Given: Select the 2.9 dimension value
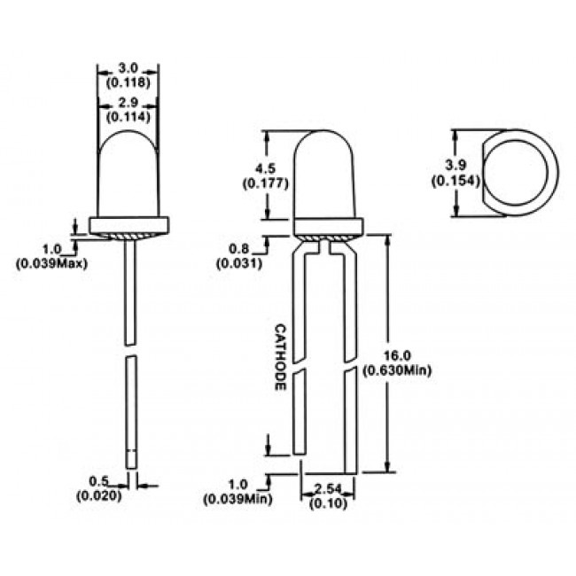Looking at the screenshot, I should pyautogui.click(x=127, y=103).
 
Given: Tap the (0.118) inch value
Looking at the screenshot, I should pyautogui.click(x=127, y=83).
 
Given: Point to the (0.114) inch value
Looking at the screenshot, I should pyautogui.click(x=127, y=116).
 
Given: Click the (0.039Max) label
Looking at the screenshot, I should pyautogui.click(x=51, y=262).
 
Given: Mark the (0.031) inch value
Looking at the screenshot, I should pyautogui.click(x=237, y=263).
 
